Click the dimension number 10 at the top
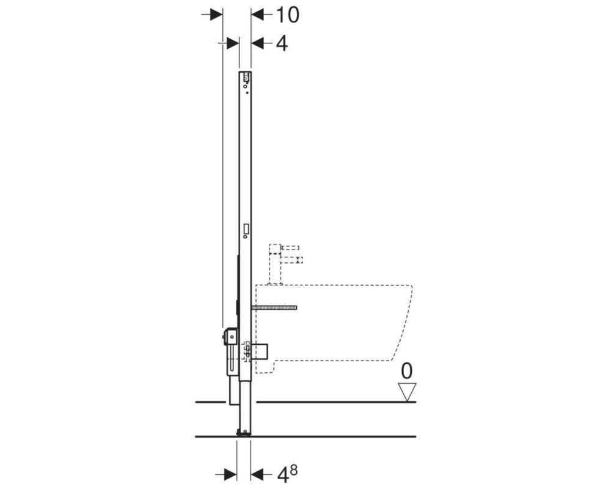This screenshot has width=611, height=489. (288, 15)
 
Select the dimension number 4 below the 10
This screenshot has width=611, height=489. (282, 43)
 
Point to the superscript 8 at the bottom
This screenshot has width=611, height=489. (293, 470)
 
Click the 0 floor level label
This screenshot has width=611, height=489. (406, 371)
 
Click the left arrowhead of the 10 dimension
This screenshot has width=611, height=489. (216, 15)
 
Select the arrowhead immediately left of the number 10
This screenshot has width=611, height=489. (257, 15)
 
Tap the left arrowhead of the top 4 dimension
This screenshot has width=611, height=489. (233, 43)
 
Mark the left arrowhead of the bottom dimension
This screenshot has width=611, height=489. (231, 474)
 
